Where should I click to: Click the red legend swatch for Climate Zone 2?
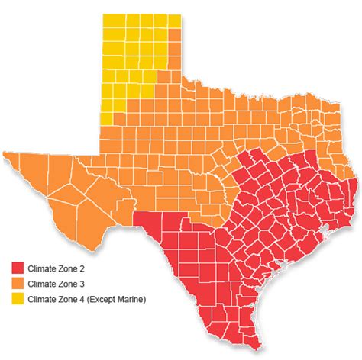click(x=18, y=268)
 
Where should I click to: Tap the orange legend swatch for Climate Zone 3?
click(x=18, y=284)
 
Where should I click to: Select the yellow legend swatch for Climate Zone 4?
click(x=18, y=299)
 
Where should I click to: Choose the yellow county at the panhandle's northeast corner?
click(x=174, y=21)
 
